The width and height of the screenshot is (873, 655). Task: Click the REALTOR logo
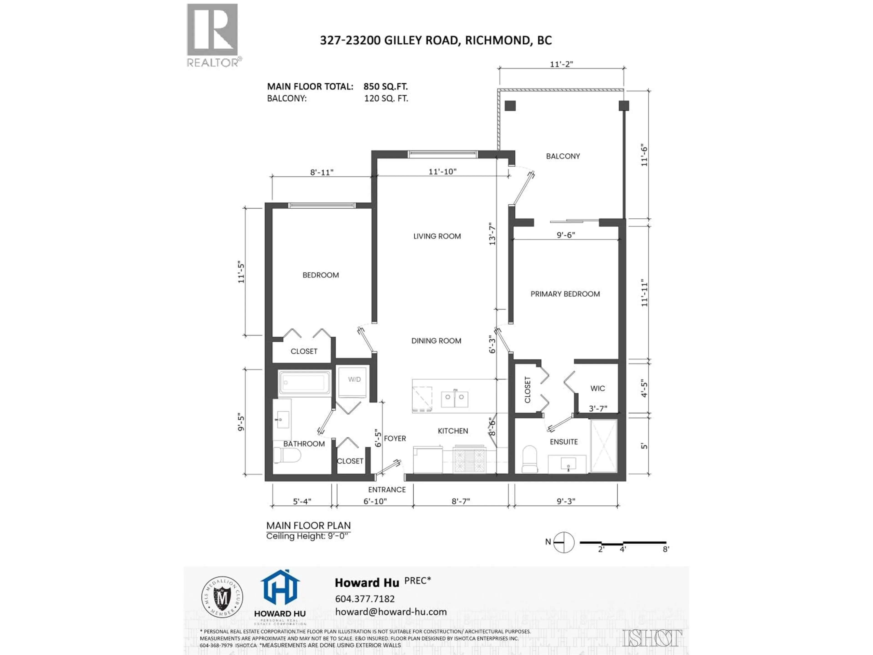pyautogui.click(x=212, y=35)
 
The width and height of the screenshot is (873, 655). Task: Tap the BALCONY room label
pyautogui.click(x=563, y=156)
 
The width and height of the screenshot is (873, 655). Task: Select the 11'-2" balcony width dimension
pyautogui.click(x=561, y=64)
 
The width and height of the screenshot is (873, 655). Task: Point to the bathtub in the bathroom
pyautogui.click(x=304, y=382)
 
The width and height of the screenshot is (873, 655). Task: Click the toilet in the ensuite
pyautogui.click(x=530, y=459)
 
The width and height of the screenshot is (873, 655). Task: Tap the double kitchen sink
pyautogui.click(x=455, y=399)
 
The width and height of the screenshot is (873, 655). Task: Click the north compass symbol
pyautogui.click(x=564, y=542)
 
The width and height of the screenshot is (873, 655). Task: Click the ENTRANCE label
pyautogui.click(x=387, y=490)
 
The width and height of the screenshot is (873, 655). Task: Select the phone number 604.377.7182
pyautogui.click(x=365, y=599)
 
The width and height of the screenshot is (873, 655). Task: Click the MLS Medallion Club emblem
pyautogui.click(x=222, y=597)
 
